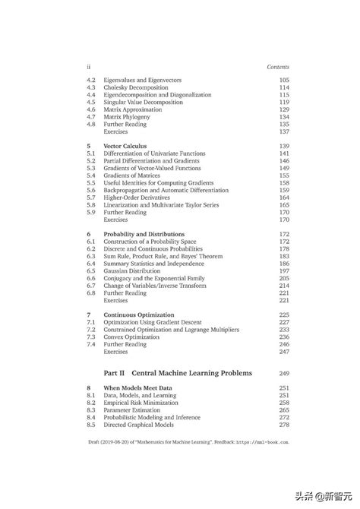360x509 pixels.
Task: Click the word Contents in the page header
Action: (278, 67)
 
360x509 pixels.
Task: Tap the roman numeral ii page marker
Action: (89, 67)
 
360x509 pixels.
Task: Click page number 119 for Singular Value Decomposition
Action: (283, 102)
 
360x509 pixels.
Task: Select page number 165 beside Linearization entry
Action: (283, 205)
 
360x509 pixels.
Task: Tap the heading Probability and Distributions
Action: (144, 234)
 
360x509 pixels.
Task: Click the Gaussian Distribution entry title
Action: (136, 270)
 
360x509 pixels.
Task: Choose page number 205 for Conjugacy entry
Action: (283, 278)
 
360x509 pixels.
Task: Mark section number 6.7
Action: (91, 285)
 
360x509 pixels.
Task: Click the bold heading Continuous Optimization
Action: (139, 315)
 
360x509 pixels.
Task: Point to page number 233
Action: (283, 330)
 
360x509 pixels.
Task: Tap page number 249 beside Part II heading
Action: (284, 374)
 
